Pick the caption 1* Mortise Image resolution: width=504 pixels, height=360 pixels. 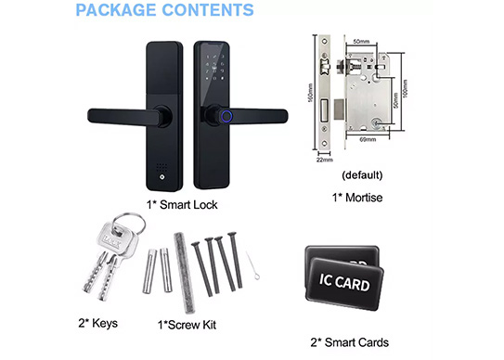[357, 197]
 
